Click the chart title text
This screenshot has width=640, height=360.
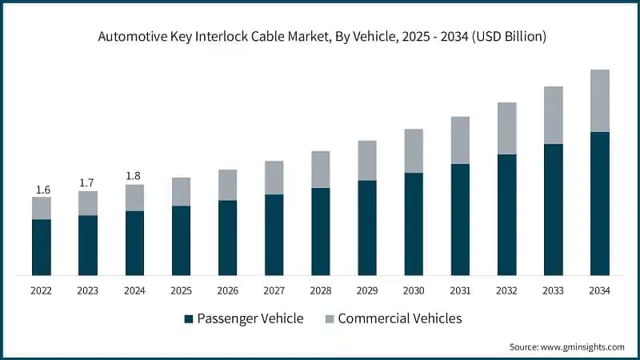(320, 36)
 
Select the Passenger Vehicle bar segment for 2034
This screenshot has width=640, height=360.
(600, 204)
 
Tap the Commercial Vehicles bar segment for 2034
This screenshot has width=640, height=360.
(600, 101)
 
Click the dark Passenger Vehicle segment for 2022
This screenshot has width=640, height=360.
(42, 247)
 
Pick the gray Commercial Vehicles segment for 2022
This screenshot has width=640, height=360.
(42, 208)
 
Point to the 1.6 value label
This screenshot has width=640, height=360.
(42, 190)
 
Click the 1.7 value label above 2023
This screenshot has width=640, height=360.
(87, 183)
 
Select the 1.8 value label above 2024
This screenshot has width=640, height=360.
(134, 177)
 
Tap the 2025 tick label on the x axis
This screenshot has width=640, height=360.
(181, 290)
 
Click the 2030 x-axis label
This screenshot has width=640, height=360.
(413, 290)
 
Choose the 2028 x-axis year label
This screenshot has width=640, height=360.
(320, 290)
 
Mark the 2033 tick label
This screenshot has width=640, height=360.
(553, 290)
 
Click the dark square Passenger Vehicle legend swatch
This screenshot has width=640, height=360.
(189, 319)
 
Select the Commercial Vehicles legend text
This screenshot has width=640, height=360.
(400, 318)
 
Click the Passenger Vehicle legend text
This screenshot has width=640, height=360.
(252, 318)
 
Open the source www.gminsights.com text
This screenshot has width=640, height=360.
(567, 346)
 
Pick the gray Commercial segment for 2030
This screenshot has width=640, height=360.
(413, 150)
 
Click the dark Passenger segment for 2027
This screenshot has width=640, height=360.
(274, 235)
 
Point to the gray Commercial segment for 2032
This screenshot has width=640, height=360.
(506, 128)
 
